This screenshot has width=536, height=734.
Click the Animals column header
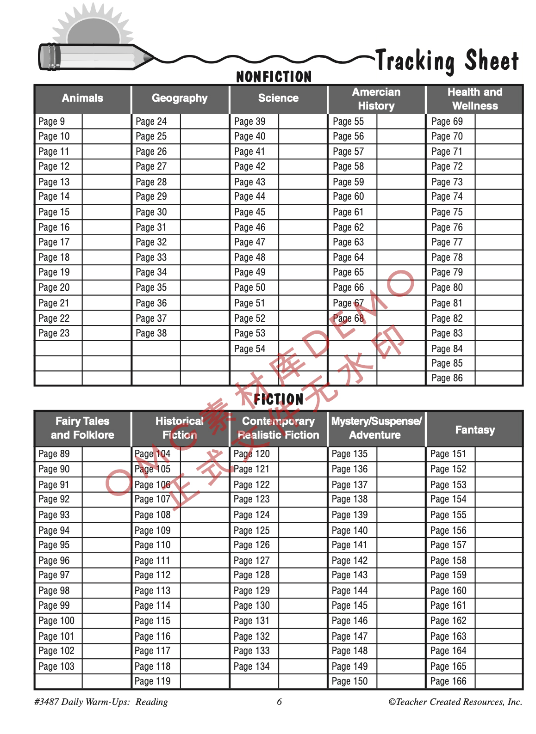[x=82, y=98]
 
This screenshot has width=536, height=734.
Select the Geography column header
[x=180, y=98]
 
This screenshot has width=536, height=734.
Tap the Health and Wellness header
[x=474, y=99]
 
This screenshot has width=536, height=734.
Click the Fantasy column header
[x=474, y=430]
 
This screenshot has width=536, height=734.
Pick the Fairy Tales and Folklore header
[x=82, y=428]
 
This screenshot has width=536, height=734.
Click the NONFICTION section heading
[x=274, y=77]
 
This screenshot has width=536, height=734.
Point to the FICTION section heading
[x=278, y=399]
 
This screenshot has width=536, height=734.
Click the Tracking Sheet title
[x=447, y=61]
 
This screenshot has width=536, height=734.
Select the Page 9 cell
[x=52, y=122]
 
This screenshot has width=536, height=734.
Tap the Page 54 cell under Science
[x=249, y=349]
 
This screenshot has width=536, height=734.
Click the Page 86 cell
[x=447, y=378]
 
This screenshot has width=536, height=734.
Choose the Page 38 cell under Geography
[x=151, y=333]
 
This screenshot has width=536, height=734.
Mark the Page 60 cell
[x=348, y=196]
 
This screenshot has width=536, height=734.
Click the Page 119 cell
[x=152, y=681]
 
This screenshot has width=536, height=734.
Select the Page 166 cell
[x=448, y=681]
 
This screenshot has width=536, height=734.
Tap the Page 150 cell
[x=349, y=681]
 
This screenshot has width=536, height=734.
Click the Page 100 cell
[x=56, y=621]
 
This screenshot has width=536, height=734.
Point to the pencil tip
[x=149, y=57]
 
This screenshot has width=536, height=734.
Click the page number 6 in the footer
[x=279, y=702]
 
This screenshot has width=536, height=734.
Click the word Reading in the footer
[x=151, y=702]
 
